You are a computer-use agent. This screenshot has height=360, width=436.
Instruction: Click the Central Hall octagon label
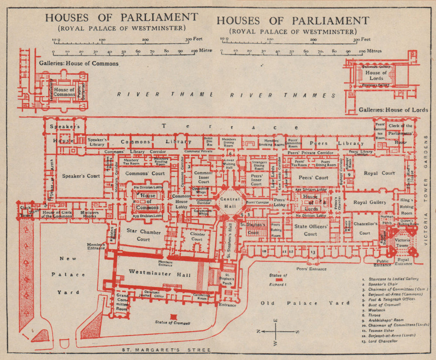click(x=229, y=202)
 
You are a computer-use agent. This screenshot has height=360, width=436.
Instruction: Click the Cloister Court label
click(x=197, y=236)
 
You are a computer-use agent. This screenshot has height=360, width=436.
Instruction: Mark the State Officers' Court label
click(x=310, y=230)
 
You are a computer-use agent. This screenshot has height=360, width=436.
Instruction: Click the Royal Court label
click(x=379, y=173)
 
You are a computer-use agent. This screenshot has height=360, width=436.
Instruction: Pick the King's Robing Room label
click(x=406, y=207)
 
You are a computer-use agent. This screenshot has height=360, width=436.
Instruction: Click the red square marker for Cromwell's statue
click(x=174, y=316)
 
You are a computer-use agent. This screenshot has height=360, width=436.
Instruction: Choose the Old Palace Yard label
click(x=305, y=303)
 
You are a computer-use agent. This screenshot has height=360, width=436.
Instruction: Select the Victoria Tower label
click(x=401, y=243)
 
